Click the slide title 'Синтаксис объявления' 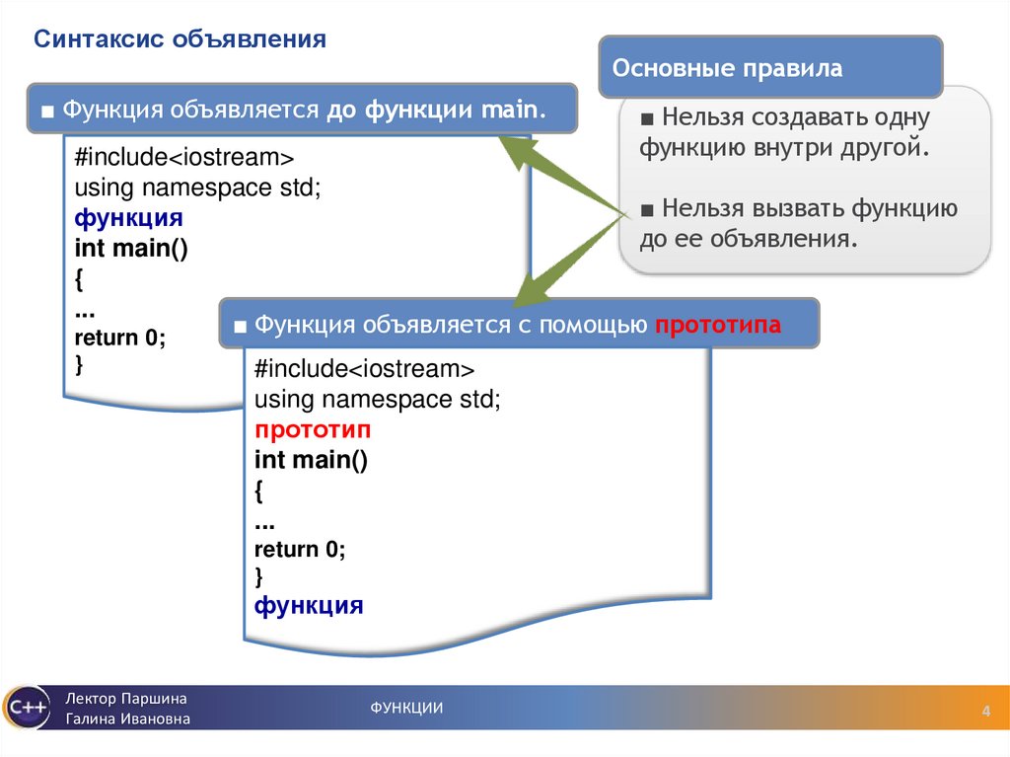pos(180,40)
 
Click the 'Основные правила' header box pos(728,69)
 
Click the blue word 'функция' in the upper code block pos(128,218)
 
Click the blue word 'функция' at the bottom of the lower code pos(309,605)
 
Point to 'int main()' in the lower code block pos(311,460)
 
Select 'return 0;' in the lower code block pos(301,549)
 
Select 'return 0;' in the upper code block pos(120,337)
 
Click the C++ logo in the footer pos(26,708)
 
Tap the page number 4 pos(984,714)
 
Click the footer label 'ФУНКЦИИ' pos(406,708)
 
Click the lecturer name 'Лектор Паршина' pos(127,698)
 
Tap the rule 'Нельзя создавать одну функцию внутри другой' pos(784,133)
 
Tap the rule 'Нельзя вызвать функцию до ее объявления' pos(799,223)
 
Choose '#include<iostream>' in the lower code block pos(364,370)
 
